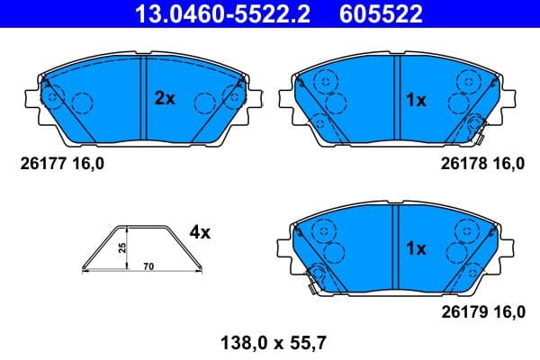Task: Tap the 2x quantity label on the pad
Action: tap(164, 100)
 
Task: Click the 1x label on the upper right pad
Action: tap(414, 100)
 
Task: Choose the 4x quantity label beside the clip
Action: tap(199, 232)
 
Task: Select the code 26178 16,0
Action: tap(481, 163)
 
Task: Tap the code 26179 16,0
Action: tap(481, 311)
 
